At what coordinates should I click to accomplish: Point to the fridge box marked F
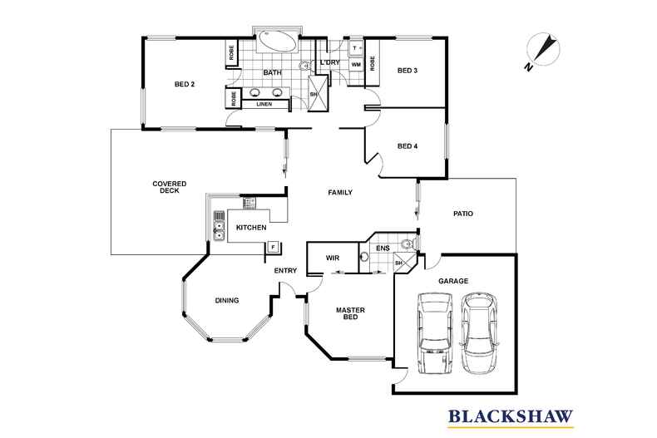[273, 247]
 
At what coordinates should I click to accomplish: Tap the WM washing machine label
[355, 64]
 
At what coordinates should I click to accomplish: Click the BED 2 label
[185, 84]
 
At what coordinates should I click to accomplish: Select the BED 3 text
[407, 70]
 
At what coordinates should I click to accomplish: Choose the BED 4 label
[407, 147]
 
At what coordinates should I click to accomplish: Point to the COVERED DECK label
[169, 187]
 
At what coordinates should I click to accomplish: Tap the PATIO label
[463, 214]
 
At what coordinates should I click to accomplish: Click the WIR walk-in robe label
[332, 258]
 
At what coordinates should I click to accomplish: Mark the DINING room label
[227, 301]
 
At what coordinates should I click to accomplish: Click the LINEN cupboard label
[264, 104]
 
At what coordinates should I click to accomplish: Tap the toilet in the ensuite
[405, 244]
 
